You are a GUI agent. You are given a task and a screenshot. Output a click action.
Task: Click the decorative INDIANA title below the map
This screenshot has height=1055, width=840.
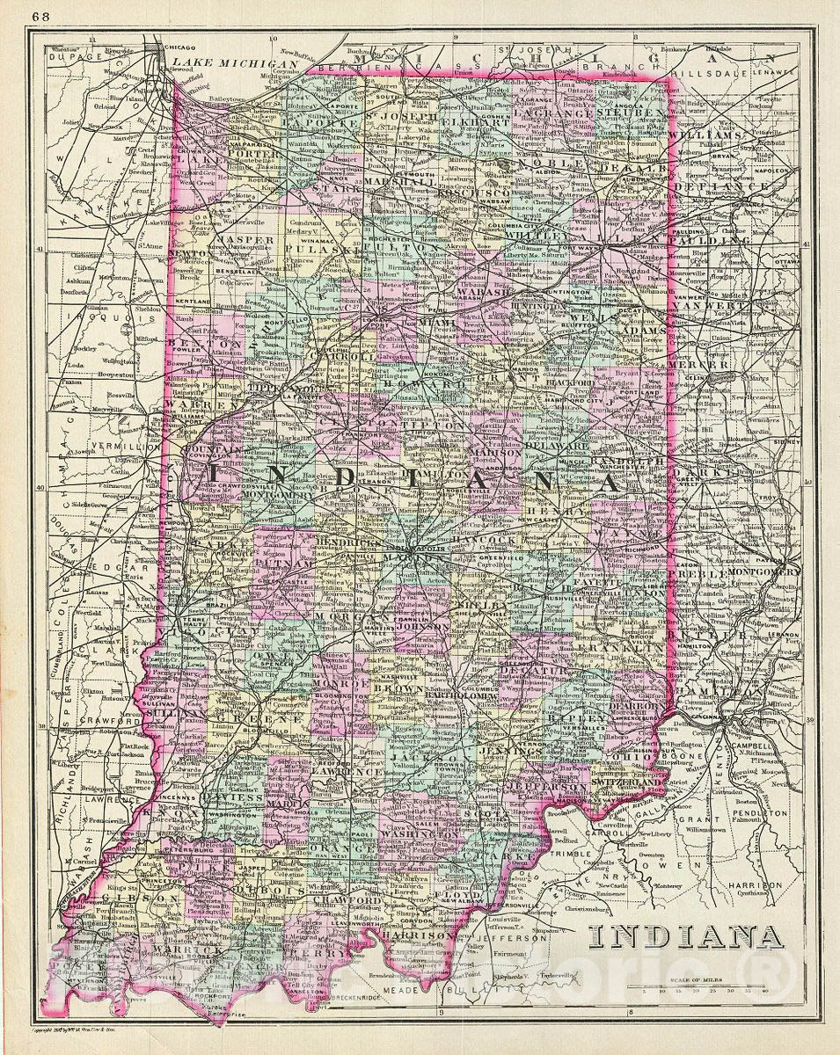(687, 937)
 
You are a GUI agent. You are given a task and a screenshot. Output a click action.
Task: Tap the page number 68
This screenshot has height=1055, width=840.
(41, 15)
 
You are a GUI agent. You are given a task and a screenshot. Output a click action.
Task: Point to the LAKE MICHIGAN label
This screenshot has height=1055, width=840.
(223, 63)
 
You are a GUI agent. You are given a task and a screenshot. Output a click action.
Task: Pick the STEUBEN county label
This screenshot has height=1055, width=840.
(631, 113)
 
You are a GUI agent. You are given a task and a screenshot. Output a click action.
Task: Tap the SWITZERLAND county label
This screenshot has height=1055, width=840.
(625, 780)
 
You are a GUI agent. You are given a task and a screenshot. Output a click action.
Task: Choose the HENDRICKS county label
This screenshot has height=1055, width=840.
(349, 543)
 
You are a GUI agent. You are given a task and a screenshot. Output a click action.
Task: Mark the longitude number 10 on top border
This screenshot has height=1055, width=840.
(273, 39)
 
